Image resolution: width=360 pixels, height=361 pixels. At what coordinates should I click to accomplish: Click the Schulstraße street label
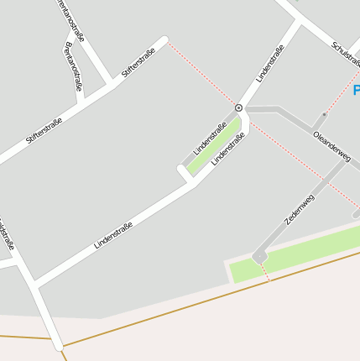point(345,56)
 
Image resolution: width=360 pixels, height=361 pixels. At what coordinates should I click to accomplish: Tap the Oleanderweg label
point(331,145)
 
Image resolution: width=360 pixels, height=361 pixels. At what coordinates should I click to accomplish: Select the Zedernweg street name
point(300,209)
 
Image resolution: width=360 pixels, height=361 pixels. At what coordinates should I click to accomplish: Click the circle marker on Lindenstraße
point(239,108)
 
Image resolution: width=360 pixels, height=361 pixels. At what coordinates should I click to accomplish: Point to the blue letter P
point(356,91)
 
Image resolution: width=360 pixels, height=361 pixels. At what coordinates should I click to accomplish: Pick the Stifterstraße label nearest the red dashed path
point(138,59)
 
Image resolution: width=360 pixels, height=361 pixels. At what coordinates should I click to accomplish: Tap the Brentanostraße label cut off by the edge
point(71,21)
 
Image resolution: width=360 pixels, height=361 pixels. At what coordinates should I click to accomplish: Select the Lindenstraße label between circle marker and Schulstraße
point(270,62)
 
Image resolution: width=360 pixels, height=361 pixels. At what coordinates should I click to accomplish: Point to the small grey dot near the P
point(324,115)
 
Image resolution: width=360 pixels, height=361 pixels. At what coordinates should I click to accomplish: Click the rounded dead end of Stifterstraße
point(164,39)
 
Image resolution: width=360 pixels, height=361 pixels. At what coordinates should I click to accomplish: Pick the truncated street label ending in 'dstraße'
point(7,235)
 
